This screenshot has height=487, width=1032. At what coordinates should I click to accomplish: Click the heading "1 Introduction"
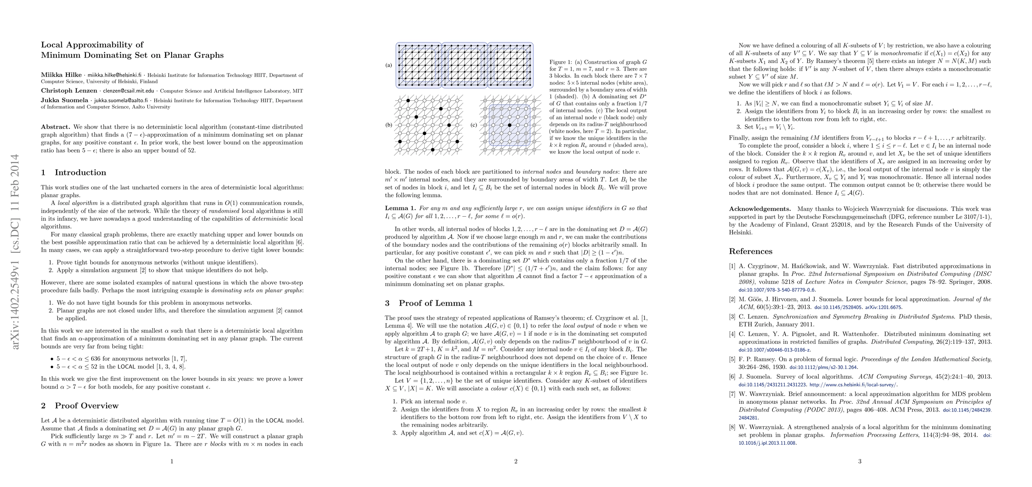coord(73,172)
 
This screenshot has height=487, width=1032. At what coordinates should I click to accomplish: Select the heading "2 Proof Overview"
coord(80,405)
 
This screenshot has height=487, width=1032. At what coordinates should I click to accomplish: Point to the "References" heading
coord(750,251)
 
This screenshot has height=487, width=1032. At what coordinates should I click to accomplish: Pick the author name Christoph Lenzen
coord(69,91)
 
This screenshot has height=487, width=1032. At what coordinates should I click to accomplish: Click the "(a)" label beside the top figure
coord(389,65)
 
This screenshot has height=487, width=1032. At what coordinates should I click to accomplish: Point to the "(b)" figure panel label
coord(389,125)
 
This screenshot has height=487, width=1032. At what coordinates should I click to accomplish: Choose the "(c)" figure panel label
coord(473,125)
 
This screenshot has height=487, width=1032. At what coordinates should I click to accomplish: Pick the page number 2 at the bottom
coord(516,461)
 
